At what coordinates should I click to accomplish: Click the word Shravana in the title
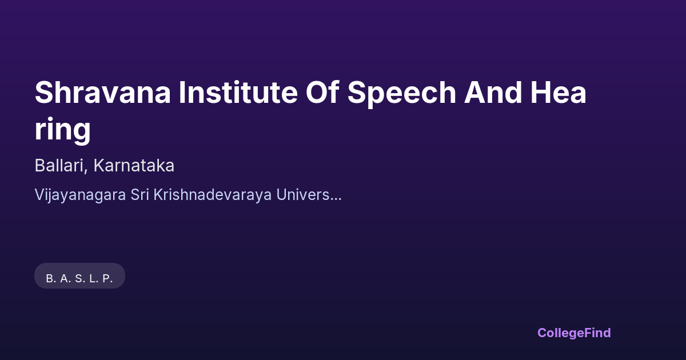pos(102,93)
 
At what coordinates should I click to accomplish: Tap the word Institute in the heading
pos(238,93)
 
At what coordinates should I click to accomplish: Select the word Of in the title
pos(322,93)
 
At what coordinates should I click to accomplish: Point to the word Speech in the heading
pos(402,94)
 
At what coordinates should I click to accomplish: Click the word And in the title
pos(493,93)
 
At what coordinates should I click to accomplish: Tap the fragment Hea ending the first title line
pos(559,93)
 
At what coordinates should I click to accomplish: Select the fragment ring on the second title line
pos(63,130)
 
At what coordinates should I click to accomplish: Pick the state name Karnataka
pos(134,165)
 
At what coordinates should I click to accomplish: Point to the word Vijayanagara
pos(80,195)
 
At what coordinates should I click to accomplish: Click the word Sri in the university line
pos(139,194)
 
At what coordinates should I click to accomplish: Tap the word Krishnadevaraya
pos(213,195)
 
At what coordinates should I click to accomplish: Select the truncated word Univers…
pos(309,194)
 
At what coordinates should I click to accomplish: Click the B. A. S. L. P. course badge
pos(79,275)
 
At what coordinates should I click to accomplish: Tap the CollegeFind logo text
pos(574,333)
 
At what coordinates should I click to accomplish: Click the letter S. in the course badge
pos(80,279)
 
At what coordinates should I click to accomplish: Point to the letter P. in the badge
pos(107,279)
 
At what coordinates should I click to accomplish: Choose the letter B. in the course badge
pos(51,279)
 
